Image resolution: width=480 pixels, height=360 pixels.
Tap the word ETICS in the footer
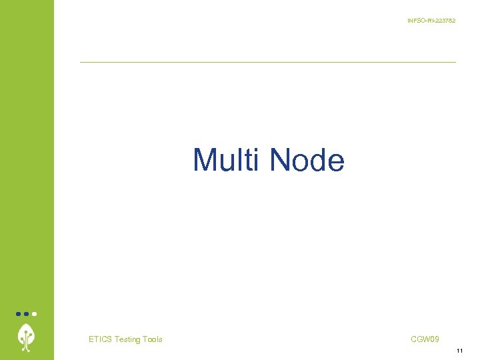coord(100,339)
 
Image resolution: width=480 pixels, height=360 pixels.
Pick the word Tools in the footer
coord(153,339)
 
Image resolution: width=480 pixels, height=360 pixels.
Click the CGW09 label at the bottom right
coord(425,339)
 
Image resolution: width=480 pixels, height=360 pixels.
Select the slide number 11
coord(459,351)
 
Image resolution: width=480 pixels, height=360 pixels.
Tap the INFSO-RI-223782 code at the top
coord(431,21)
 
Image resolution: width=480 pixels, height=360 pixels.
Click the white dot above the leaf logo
coord(34,313)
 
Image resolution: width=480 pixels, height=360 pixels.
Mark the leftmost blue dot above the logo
coord(19,313)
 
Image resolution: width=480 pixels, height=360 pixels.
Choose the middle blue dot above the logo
coord(26,313)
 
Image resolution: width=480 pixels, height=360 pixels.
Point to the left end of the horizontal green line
coord(81,62)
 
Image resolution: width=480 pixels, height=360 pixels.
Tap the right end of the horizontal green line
coord(455,62)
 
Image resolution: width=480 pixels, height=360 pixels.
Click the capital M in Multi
coord(205,161)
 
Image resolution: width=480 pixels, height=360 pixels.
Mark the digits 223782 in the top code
coord(445,21)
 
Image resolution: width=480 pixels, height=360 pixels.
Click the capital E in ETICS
coord(91,339)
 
